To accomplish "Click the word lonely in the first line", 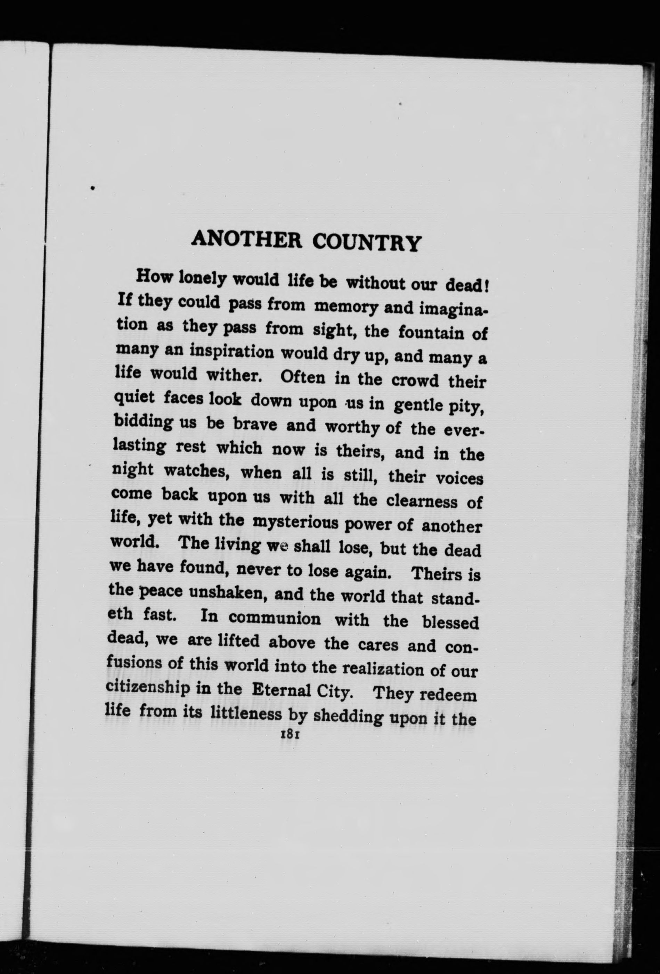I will [x=201, y=279].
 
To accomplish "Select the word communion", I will [x=275, y=618].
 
